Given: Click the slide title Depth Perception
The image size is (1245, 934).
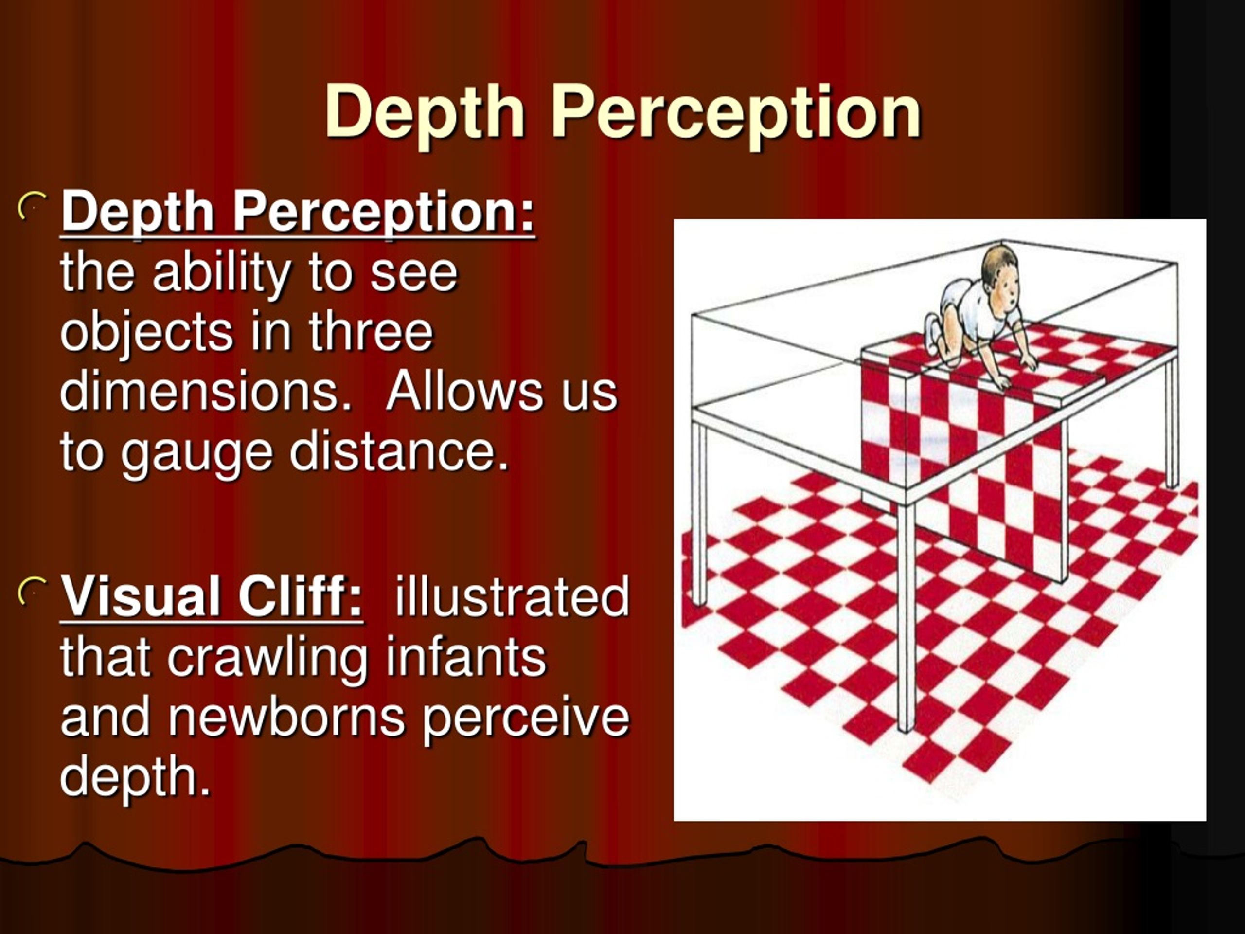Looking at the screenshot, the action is pos(622,112).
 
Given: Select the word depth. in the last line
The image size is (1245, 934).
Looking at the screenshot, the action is pos(135,780).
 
